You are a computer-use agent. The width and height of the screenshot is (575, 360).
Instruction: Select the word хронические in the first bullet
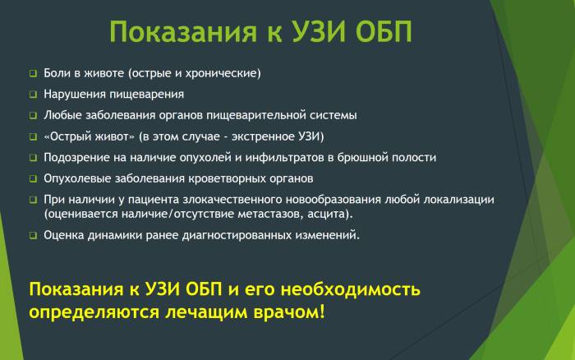coord(223,73)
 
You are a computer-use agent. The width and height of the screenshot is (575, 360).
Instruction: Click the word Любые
coord(64,115)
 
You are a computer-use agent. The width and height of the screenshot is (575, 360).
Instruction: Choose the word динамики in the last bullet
coord(114,235)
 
